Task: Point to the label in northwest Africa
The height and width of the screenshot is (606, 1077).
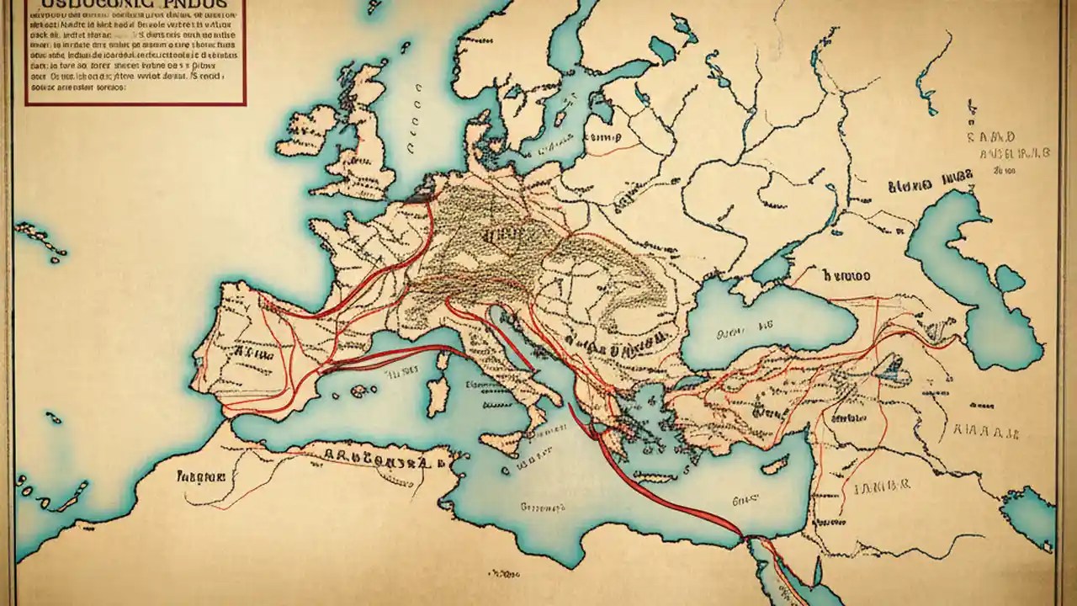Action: click(x=201, y=476)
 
